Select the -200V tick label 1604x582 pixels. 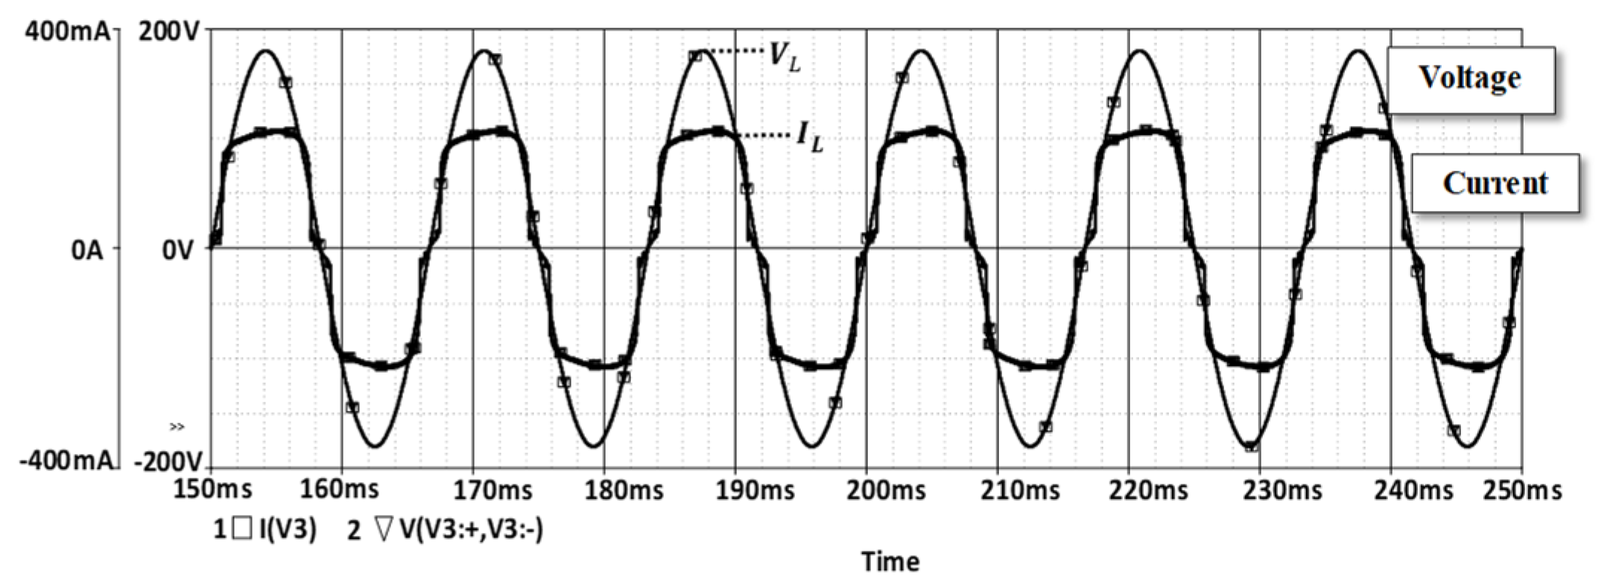pos(168,461)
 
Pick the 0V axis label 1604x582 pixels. pos(178,251)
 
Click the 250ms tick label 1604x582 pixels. pos(1522,490)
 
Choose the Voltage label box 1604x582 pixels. pos(1469,79)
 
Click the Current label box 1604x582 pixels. pos(1494,183)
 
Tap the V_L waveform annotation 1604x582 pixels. pos(784,56)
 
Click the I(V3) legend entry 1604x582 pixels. pos(265,530)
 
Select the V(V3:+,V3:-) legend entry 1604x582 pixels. pos(446,530)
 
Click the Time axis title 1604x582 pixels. pos(890,561)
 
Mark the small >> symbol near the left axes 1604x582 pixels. pos(177,427)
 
